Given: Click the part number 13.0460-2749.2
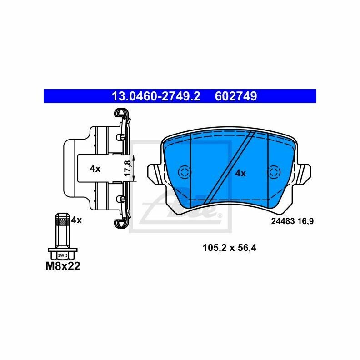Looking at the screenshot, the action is click(156, 96).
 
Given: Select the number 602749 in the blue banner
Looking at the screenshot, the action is click(236, 96).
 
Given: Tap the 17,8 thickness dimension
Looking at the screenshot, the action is click(128, 168).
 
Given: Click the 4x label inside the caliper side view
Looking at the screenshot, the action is click(95, 169).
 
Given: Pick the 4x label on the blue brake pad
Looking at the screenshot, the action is click(240, 173).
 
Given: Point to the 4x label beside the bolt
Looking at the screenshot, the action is click(76, 220).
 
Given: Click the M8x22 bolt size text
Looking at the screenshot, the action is click(63, 266).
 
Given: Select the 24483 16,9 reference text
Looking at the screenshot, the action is click(292, 221).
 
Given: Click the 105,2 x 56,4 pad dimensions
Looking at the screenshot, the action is click(230, 248).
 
